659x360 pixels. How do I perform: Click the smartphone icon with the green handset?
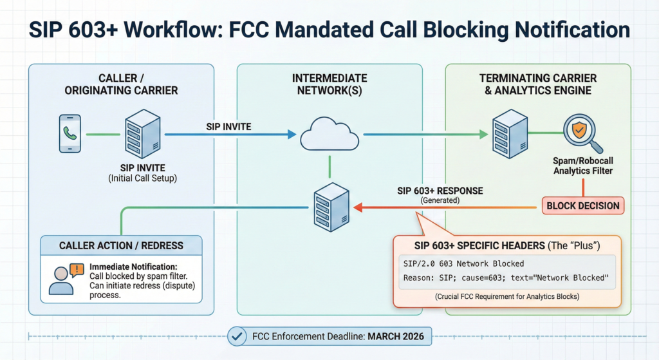[x=70, y=134]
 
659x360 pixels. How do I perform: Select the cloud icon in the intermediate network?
[x=329, y=134]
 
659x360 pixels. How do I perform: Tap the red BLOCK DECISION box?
[x=582, y=206]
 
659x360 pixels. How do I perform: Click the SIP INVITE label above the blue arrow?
[x=228, y=127]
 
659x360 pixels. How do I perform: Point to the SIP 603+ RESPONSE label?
[x=440, y=191]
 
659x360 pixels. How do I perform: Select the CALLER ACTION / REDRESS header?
[x=121, y=245]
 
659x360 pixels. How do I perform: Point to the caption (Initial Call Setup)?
[x=144, y=178]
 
